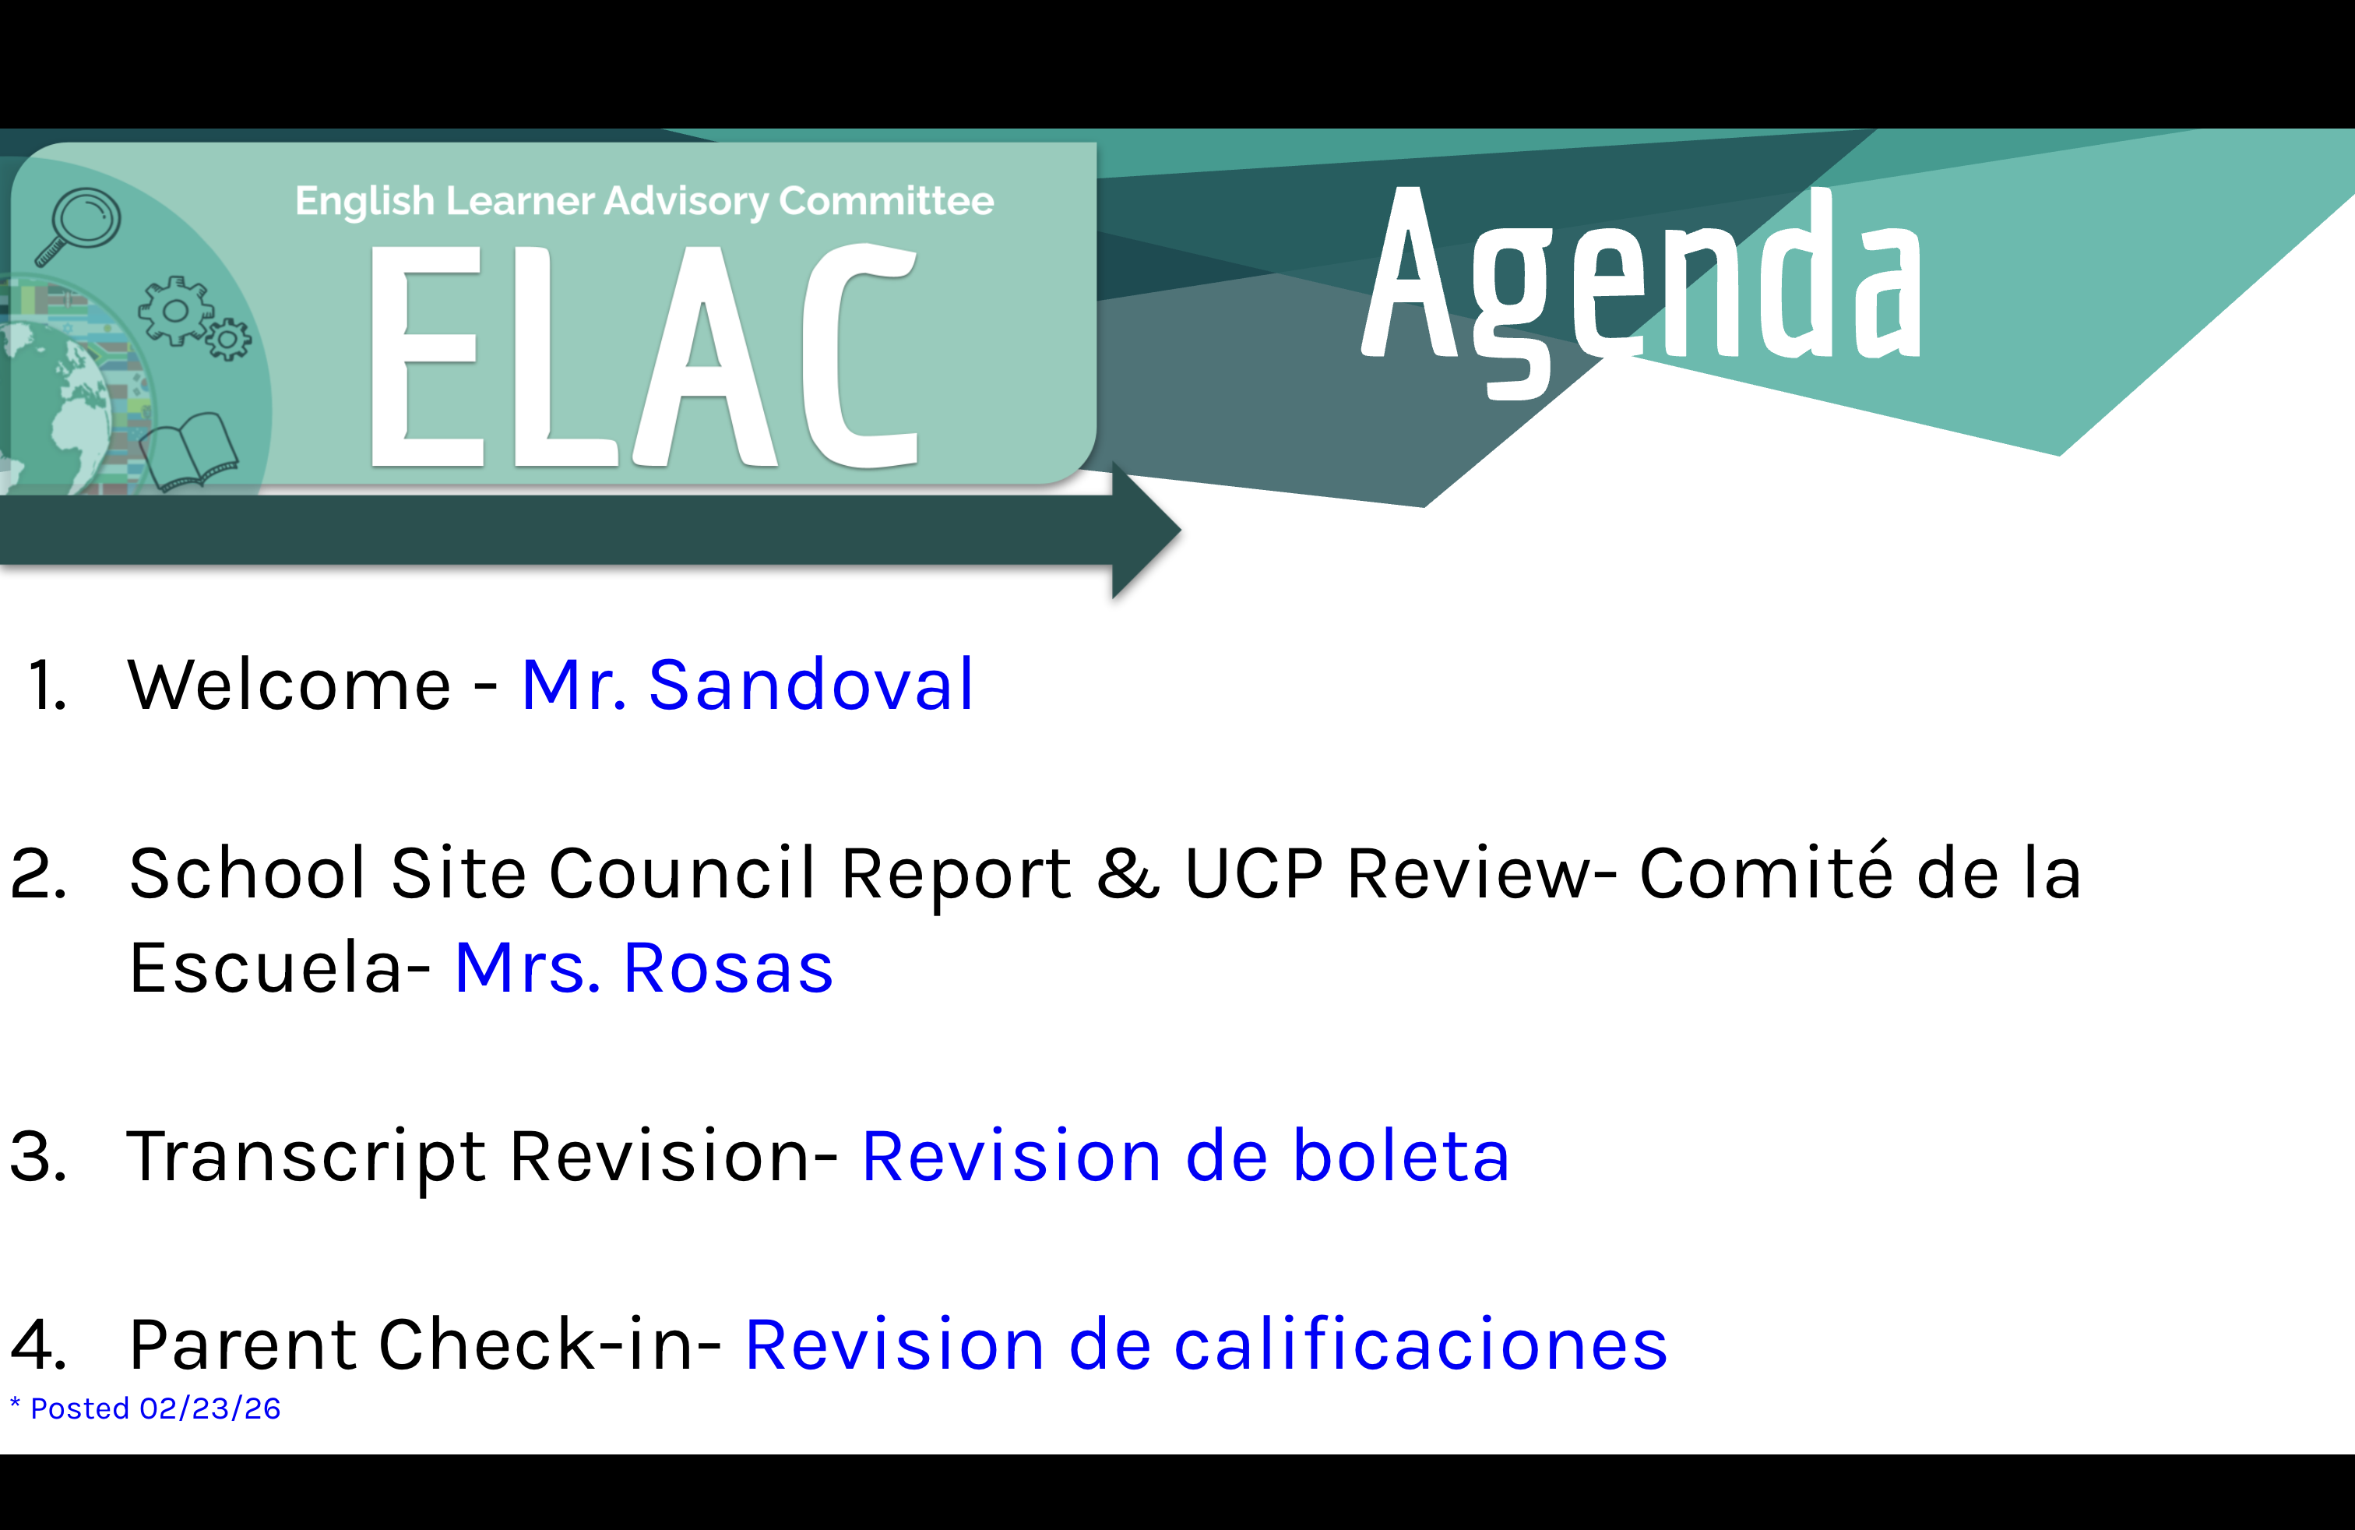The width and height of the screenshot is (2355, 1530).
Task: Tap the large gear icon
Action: tap(176, 311)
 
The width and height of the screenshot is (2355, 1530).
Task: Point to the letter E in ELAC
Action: tap(425, 356)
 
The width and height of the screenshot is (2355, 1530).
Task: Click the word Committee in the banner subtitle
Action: tap(885, 201)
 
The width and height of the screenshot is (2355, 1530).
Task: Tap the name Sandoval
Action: tap(811, 685)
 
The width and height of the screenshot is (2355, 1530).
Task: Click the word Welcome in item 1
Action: tap(290, 685)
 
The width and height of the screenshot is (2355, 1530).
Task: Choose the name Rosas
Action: tap(728, 968)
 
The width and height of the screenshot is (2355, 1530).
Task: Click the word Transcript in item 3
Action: tap(307, 1156)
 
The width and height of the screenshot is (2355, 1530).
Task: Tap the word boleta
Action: tap(1401, 1156)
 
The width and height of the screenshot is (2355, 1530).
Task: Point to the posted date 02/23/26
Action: tap(209, 1408)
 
